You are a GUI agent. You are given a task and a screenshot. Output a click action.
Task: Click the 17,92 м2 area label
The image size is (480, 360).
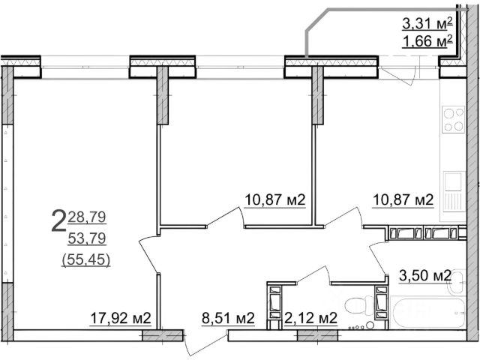click(x=121, y=318)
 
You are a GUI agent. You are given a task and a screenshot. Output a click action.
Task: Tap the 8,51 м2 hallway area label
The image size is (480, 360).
click(x=228, y=318)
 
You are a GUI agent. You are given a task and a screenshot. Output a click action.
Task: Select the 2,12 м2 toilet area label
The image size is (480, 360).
click(x=310, y=318)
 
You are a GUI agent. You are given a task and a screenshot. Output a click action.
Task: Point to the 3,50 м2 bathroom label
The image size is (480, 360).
click(x=425, y=275)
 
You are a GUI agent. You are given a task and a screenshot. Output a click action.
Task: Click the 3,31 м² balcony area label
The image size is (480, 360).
click(x=427, y=23)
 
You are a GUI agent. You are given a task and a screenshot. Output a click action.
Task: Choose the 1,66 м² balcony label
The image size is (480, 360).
click(x=427, y=41)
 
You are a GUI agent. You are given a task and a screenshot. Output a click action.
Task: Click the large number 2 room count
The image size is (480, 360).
click(x=58, y=220)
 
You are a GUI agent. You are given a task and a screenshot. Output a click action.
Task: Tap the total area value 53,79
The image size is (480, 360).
click(x=87, y=238)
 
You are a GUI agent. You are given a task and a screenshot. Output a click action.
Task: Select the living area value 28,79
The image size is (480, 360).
click(x=87, y=217)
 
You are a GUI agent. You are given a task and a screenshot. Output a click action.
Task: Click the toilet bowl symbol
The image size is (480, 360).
click(x=358, y=305)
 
